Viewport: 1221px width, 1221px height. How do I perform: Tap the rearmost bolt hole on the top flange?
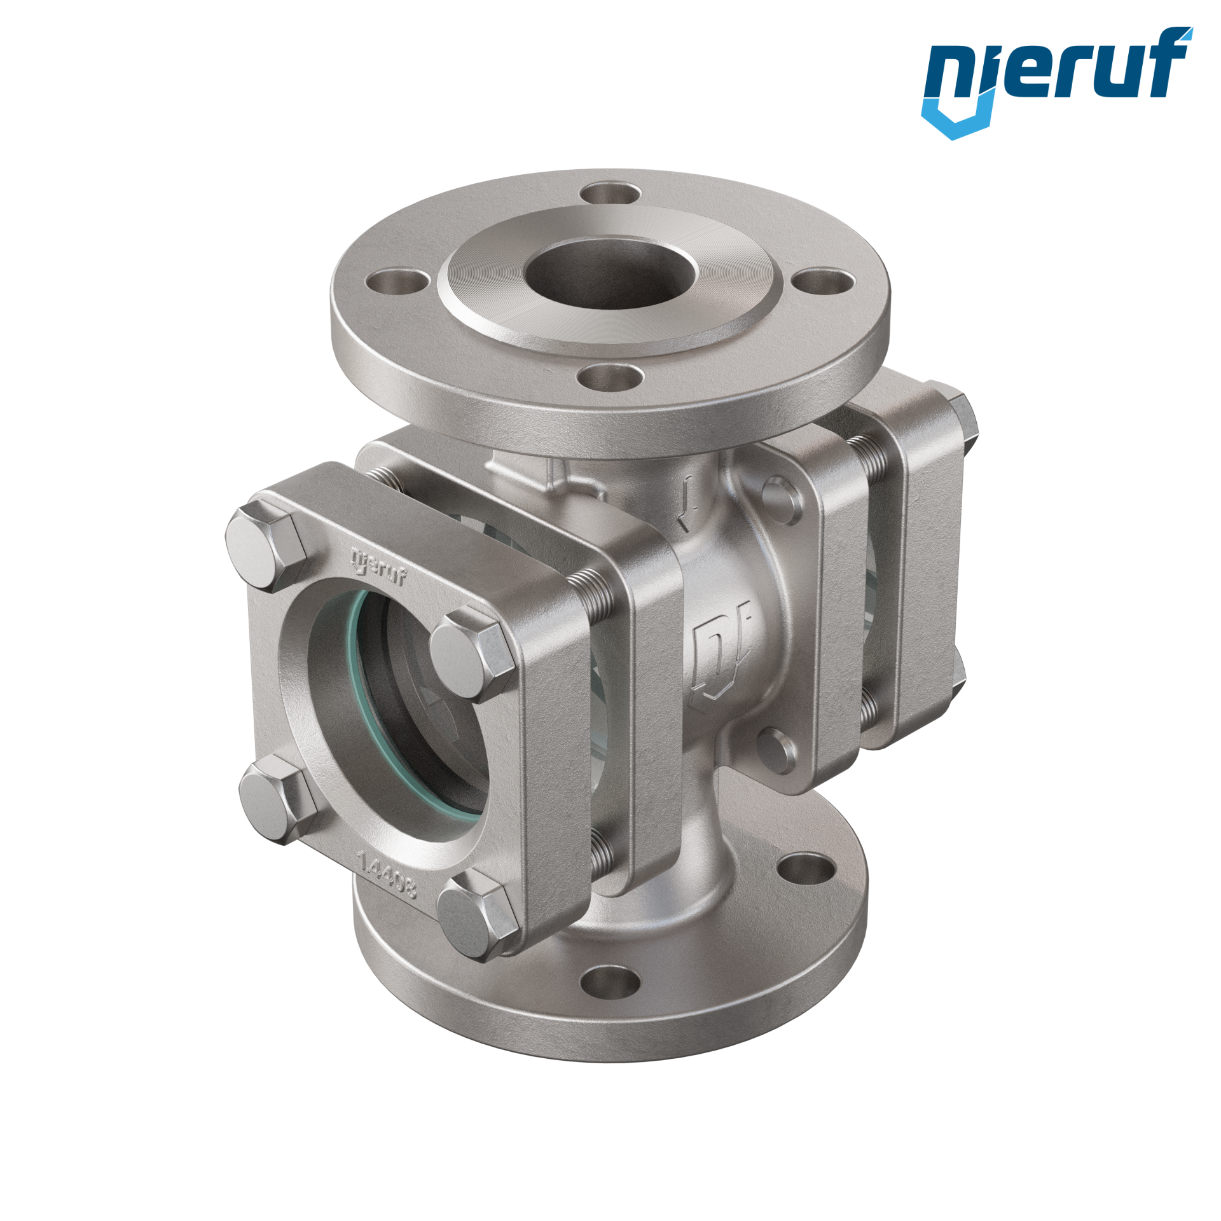click(609, 192)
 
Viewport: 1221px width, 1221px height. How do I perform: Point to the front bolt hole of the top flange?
click(609, 376)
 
